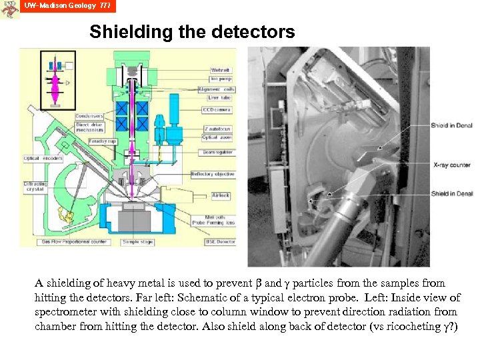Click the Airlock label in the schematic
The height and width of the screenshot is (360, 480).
220,196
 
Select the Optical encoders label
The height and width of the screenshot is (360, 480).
43,159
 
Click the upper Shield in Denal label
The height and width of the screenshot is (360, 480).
452,125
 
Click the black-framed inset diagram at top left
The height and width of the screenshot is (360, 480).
58,79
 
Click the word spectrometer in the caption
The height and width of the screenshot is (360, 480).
67,312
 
